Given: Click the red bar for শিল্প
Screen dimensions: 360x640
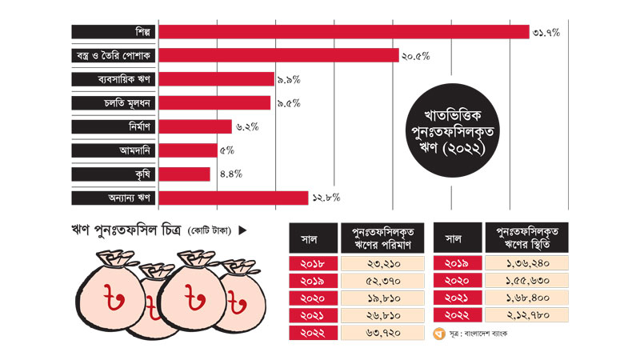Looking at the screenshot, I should click(x=344, y=32).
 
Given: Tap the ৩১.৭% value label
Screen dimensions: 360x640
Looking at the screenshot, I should click(x=546, y=32).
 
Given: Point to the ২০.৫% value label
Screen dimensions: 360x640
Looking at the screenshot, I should click(x=416, y=56).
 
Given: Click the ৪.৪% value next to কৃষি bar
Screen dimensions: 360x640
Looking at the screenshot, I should click(x=228, y=174).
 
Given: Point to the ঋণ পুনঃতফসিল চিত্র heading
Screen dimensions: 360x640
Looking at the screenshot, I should click(x=124, y=231).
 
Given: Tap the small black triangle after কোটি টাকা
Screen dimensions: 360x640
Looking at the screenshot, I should click(x=242, y=231).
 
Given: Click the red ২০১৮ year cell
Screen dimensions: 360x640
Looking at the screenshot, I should click(x=312, y=263).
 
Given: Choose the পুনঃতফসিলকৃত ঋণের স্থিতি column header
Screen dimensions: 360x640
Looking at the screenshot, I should click(x=526, y=238).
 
